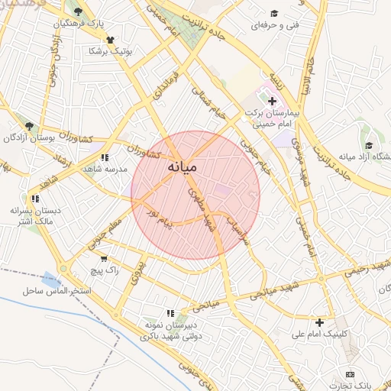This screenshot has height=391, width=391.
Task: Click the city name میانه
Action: pyautogui.click(x=182, y=166)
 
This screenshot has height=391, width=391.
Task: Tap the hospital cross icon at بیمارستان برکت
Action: pyautogui.click(x=272, y=101)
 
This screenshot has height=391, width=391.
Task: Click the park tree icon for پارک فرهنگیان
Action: pyautogui.click(x=77, y=11)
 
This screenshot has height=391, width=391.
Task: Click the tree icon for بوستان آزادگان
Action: pyautogui.click(x=29, y=126)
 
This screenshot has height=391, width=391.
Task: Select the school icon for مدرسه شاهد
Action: pyautogui.click(x=105, y=157)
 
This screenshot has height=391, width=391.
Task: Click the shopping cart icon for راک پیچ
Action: pyautogui.click(x=104, y=259)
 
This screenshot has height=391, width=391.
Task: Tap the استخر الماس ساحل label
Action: pyautogui.click(x=57, y=292)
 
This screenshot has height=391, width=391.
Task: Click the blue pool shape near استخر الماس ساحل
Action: pyautogui.click(x=50, y=278)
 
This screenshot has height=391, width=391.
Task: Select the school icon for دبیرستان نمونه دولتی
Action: pyautogui.click(x=171, y=312)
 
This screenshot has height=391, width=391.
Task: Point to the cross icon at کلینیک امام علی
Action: pyautogui.click(x=319, y=322)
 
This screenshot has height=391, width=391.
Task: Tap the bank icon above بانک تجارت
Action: pyautogui.click(x=350, y=374)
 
